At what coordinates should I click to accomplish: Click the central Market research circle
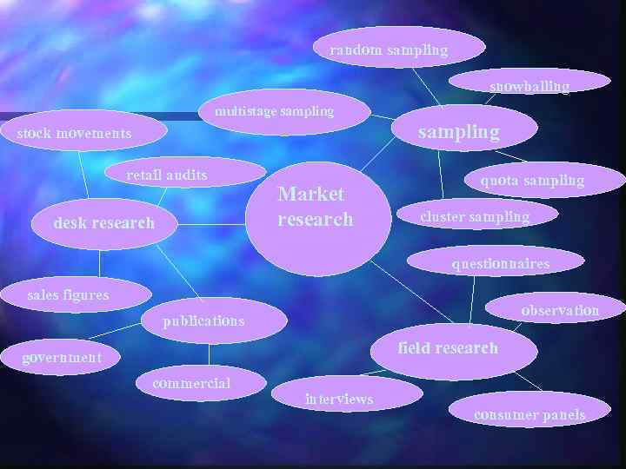313,217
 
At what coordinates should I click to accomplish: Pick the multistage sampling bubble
275,111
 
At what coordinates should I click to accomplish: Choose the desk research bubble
104,223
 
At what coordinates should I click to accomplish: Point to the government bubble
63,357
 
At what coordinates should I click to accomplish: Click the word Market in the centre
310,194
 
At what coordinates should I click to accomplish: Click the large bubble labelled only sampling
459,132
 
